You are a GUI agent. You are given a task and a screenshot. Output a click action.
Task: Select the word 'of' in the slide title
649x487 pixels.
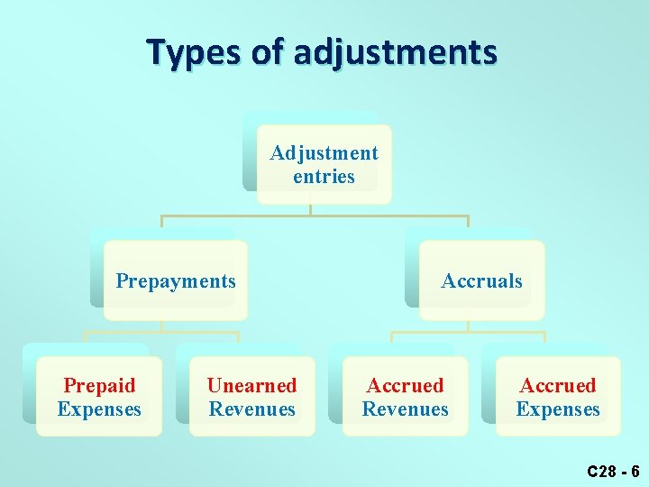[267, 51]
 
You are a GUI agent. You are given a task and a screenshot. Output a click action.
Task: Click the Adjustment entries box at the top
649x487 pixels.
[324, 164]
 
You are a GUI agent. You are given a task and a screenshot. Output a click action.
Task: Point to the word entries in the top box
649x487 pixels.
[324, 177]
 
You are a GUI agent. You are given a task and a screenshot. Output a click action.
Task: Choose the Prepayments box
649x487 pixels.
[175, 280]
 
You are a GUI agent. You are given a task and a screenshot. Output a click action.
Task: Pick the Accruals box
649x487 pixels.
[481, 280]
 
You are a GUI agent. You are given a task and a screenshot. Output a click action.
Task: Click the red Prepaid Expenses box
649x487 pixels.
[99, 397]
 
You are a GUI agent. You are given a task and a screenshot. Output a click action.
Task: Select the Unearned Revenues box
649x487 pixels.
[251, 397]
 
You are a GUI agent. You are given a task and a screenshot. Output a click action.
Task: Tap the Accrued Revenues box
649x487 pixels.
[405, 397]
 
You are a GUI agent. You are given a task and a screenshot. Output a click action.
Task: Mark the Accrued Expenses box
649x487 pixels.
[558, 397]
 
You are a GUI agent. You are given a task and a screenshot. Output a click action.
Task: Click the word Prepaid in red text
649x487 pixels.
[99, 385]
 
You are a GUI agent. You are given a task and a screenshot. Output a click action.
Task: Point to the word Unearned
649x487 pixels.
[251, 385]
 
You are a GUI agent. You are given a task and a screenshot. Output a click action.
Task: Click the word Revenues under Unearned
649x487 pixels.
[251, 409]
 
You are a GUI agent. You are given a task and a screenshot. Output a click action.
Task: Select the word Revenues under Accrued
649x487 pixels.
[405, 409]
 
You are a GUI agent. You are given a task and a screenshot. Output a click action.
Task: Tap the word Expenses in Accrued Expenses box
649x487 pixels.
[558, 409]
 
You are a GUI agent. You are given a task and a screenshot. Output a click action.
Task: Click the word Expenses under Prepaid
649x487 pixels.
[99, 409]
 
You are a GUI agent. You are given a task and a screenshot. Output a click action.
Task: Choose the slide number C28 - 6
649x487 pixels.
[612, 471]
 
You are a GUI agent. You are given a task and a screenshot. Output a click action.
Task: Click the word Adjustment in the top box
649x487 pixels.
[324, 153]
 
